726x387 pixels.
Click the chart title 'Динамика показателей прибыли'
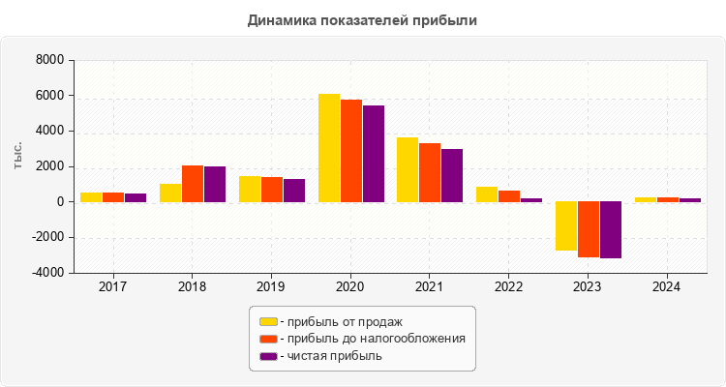click(x=362, y=19)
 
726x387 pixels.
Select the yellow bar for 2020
click(x=329, y=148)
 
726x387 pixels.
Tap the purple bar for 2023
click(x=610, y=230)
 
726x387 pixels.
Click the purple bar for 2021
click(x=452, y=175)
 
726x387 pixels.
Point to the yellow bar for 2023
click(x=565, y=226)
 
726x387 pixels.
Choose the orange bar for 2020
click(x=351, y=151)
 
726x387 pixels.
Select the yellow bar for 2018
click(x=170, y=193)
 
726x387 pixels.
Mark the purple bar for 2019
click(x=294, y=191)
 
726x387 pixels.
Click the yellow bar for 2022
click(x=487, y=194)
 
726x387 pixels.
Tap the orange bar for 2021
click(x=430, y=172)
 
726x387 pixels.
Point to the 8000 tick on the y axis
click(x=49, y=60)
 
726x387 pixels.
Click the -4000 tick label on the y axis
click(x=46, y=274)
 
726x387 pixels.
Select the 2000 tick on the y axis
click(x=49, y=166)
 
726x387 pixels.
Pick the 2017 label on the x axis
click(x=113, y=287)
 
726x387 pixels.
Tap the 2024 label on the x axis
click(x=666, y=287)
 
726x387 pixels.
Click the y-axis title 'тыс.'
click(x=18, y=155)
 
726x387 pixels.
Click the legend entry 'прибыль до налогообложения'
click(x=373, y=339)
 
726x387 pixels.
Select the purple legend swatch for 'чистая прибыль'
click(x=268, y=356)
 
